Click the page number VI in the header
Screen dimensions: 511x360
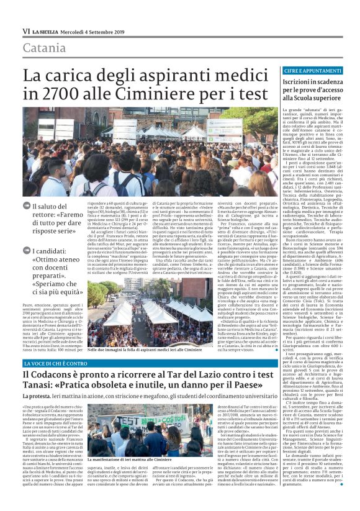pyautogui.click(x=26, y=30)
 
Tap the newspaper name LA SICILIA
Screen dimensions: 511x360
pyautogui.click(x=47, y=30)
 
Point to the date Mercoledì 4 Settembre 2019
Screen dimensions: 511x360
pyautogui.click(x=96, y=30)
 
